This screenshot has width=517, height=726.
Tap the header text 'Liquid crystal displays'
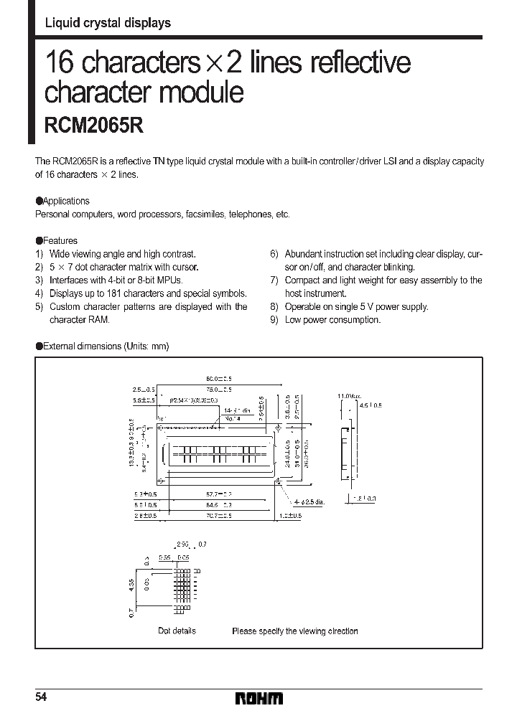(x=108, y=23)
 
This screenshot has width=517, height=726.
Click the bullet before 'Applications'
(x=39, y=202)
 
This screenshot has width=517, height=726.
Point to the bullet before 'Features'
(x=39, y=241)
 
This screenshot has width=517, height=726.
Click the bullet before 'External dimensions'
(x=39, y=346)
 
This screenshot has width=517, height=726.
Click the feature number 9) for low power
(x=274, y=320)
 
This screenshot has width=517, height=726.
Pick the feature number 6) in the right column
(x=274, y=254)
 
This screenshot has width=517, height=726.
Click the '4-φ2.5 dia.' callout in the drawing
(x=308, y=501)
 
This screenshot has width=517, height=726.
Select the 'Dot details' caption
(x=177, y=631)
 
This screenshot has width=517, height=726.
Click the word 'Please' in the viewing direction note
(x=244, y=631)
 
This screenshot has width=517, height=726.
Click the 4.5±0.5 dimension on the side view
(x=371, y=405)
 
